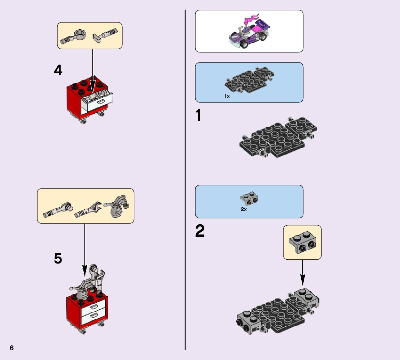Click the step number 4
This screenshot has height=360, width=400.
tap(58, 70)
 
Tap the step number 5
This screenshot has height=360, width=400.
tap(58, 259)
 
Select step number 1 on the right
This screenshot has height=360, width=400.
tap(198, 116)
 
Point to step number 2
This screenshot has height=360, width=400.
tap(200, 231)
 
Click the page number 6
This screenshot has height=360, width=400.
tap(12, 348)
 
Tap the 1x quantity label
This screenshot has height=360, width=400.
tap(227, 96)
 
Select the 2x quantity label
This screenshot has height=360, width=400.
tap(244, 209)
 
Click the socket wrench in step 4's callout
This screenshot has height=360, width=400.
tap(74, 37)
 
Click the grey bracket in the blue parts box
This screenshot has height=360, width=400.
tap(249, 199)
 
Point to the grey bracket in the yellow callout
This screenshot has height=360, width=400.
tap(302, 242)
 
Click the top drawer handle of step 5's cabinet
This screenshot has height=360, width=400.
tap(94, 307)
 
